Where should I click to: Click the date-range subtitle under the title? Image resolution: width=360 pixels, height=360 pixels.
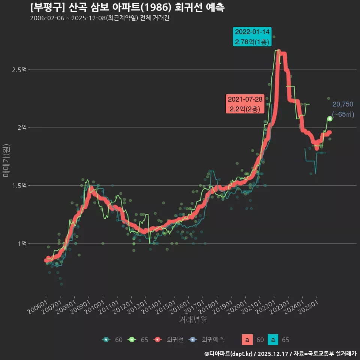pos(99,18)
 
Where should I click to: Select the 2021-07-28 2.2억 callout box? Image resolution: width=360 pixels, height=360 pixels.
pos(245,104)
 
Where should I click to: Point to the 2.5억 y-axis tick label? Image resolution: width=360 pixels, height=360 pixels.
pos(19,70)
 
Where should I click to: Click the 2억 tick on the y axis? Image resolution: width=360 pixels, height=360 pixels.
pos(22,127)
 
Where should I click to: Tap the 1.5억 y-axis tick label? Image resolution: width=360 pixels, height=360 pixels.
pos(19,186)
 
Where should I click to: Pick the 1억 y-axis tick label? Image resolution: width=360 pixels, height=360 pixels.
pos(22,243)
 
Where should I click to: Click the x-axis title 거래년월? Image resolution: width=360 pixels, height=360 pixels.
pos(193,319)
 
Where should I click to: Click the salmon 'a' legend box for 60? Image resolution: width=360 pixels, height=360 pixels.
pos(247,340)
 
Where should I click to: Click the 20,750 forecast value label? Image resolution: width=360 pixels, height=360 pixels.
pos(343,104)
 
